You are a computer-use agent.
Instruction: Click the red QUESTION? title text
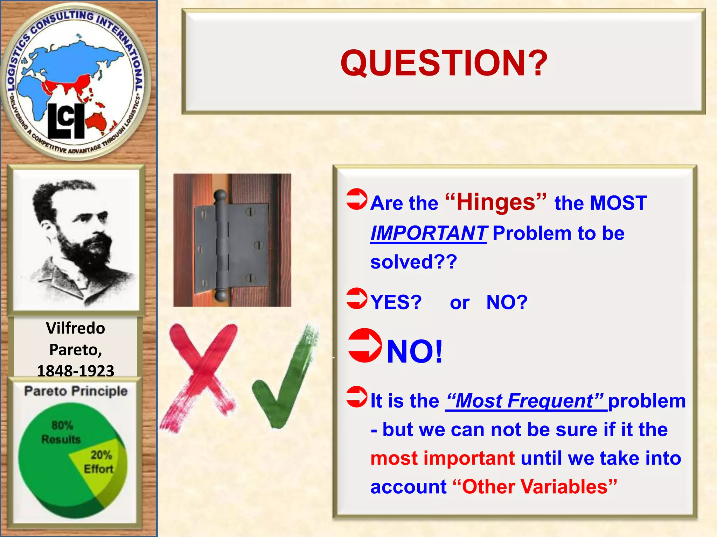click(444, 63)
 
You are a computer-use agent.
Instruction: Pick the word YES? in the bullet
click(396, 302)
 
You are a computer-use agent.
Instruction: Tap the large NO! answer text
click(415, 351)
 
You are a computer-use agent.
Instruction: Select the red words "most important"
click(443, 458)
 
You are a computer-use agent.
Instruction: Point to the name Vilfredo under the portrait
click(76, 328)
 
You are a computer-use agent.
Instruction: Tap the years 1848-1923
click(76, 371)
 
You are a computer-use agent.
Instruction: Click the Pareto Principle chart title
click(76, 391)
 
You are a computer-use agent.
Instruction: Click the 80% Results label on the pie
click(62, 432)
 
